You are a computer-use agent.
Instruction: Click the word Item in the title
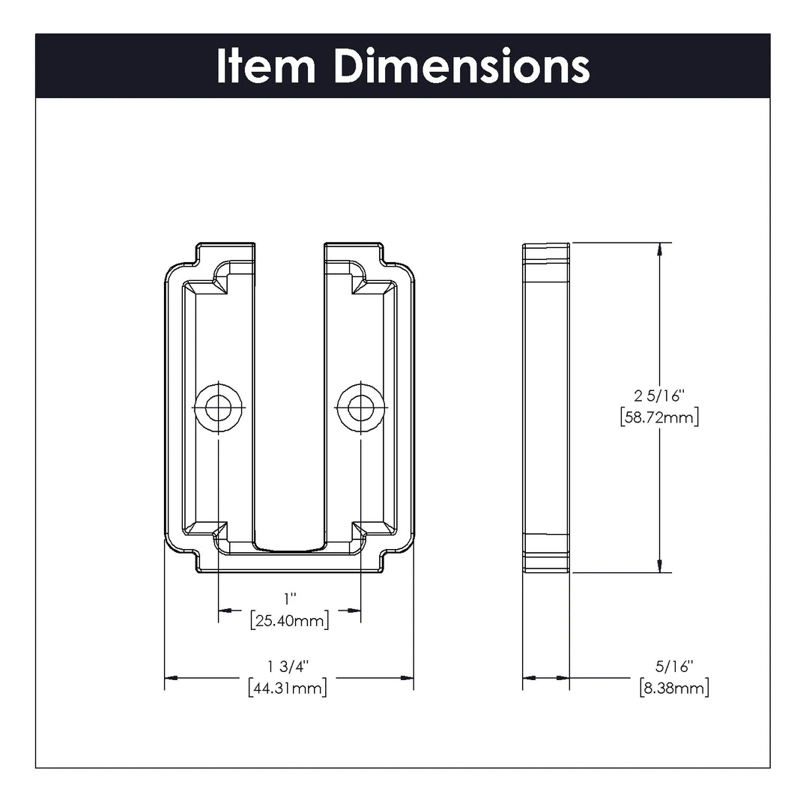tap(266, 66)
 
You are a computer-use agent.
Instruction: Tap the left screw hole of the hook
tap(218, 408)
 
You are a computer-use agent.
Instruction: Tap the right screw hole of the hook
tap(362, 408)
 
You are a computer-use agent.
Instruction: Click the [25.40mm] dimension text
tap(289, 620)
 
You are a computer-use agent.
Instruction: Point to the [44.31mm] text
tap(288, 687)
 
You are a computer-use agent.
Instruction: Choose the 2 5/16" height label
tap(659, 396)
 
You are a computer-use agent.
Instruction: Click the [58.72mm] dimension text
tap(659, 417)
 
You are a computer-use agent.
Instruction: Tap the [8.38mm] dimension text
tap(674, 687)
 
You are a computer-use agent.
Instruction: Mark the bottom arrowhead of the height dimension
tap(659, 566)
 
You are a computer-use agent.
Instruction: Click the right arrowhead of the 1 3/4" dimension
tap(407, 678)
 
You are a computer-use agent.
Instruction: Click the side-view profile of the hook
tap(545, 408)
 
